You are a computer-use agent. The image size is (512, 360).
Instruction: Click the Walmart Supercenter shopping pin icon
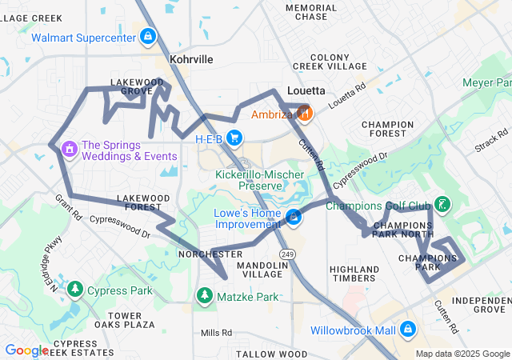pyautogui.click(x=147, y=37)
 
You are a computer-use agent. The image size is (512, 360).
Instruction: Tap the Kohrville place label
pyautogui.click(x=191, y=59)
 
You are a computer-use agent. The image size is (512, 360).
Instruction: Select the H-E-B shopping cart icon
pyautogui.click(x=234, y=138)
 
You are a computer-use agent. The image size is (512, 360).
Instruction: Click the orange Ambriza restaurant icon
pyautogui.click(x=303, y=114)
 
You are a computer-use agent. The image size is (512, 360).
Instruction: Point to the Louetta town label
pyautogui.click(x=304, y=90)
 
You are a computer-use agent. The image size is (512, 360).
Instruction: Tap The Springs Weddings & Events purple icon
pyautogui.click(x=69, y=149)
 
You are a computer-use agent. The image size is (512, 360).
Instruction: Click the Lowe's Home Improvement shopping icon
pyautogui.click(x=294, y=218)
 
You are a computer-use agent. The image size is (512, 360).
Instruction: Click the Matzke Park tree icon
pyautogui.click(x=205, y=297)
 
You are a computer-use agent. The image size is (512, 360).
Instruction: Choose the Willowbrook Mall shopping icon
pyautogui.click(x=408, y=329)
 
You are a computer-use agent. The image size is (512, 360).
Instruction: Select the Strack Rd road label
pyautogui.click(x=491, y=142)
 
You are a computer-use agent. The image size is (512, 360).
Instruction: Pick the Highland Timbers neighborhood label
pyautogui.click(x=354, y=274)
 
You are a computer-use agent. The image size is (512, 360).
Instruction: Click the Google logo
pyautogui.click(x=26, y=350)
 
